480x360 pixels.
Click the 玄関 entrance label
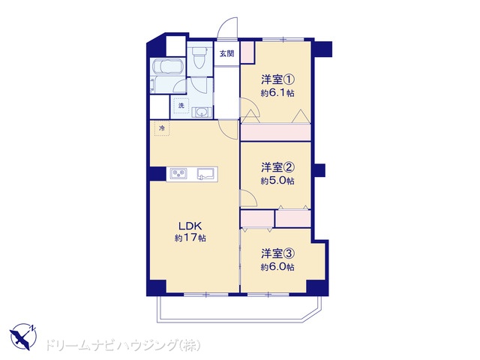pos(226,53)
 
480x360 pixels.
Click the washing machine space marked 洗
pos(181,106)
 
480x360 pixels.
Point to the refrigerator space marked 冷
pos(162,128)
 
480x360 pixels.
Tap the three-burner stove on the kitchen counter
pos(178,174)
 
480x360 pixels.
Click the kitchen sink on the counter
pos(207,173)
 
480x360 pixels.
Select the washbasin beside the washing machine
pos(202,112)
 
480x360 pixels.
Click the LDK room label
pos(190,226)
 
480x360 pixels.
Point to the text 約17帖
pos(190,238)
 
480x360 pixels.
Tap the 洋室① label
pos(277,80)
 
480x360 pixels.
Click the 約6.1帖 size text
pos(277,93)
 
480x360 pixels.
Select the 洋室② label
pos(277,167)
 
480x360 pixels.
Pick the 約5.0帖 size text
pos(277,181)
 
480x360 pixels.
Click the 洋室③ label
pos(277,253)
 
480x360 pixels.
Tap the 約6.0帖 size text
pos(277,267)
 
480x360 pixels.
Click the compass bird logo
pos(23,337)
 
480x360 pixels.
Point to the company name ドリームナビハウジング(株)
pos(123,345)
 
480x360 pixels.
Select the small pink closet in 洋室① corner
pos(247,52)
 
